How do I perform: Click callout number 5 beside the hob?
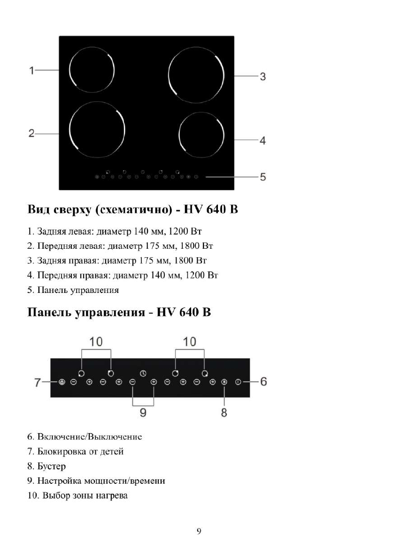(263, 177)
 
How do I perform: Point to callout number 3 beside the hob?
(263, 76)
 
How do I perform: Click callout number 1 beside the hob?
(31, 71)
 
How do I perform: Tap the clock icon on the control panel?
(143, 373)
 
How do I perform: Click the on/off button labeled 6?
(238, 382)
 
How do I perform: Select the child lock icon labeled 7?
(62, 382)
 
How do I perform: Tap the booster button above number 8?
(224, 382)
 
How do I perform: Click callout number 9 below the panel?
(143, 413)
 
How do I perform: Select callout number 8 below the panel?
(224, 413)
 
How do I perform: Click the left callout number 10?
(96, 342)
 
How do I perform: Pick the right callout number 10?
(190, 342)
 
